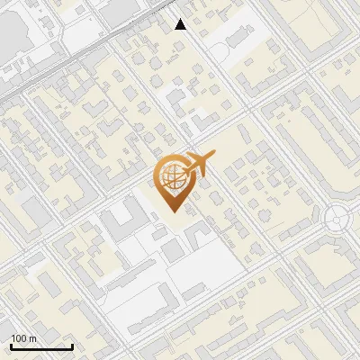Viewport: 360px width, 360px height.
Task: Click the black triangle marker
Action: pyautogui.click(x=181, y=24)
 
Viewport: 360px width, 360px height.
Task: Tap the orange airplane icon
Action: pyautogui.click(x=198, y=166)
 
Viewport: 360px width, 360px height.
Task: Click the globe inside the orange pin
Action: pyautogui.click(x=172, y=178)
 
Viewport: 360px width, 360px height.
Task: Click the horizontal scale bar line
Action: pyautogui.click(x=41, y=346)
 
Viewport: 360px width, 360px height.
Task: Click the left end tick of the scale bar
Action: pyautogui.click(x=11, y=345)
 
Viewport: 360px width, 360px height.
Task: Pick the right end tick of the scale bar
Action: pyautogui.click(x=72, y=345)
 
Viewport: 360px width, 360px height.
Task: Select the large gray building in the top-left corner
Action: pyautogui.click(x=13, y=36)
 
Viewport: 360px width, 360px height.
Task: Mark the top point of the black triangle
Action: pyautogui.click(x=181, y=19)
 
